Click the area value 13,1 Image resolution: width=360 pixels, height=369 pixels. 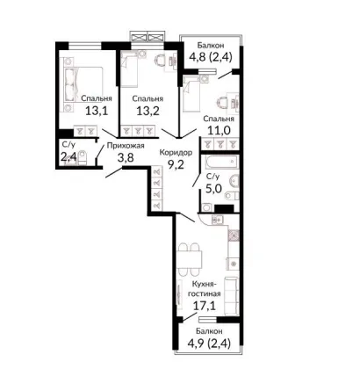[x=97, y=111]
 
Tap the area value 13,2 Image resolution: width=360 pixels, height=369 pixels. [x=148, y=111]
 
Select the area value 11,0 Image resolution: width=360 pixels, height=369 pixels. [x=219, y=130]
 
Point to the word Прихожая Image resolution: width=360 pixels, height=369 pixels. [x=126, y=146]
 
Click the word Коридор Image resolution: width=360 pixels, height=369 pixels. [x=176, y=153]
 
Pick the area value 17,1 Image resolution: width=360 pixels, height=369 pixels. [x=205, y=306]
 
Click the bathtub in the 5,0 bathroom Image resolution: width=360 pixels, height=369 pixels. [x=222, y=162]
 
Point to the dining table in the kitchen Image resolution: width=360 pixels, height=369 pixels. [x=191, y=259]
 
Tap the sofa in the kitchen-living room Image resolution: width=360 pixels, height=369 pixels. [x=231, y=296]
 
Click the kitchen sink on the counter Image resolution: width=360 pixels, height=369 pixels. [x=217, y=219]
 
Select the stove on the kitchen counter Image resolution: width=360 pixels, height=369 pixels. [x=234, y=235]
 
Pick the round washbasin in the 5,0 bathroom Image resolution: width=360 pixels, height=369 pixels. [x=234, y=180]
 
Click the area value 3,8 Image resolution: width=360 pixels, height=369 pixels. [x=126, y=158]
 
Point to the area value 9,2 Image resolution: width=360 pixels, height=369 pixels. [x=176, y=165]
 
